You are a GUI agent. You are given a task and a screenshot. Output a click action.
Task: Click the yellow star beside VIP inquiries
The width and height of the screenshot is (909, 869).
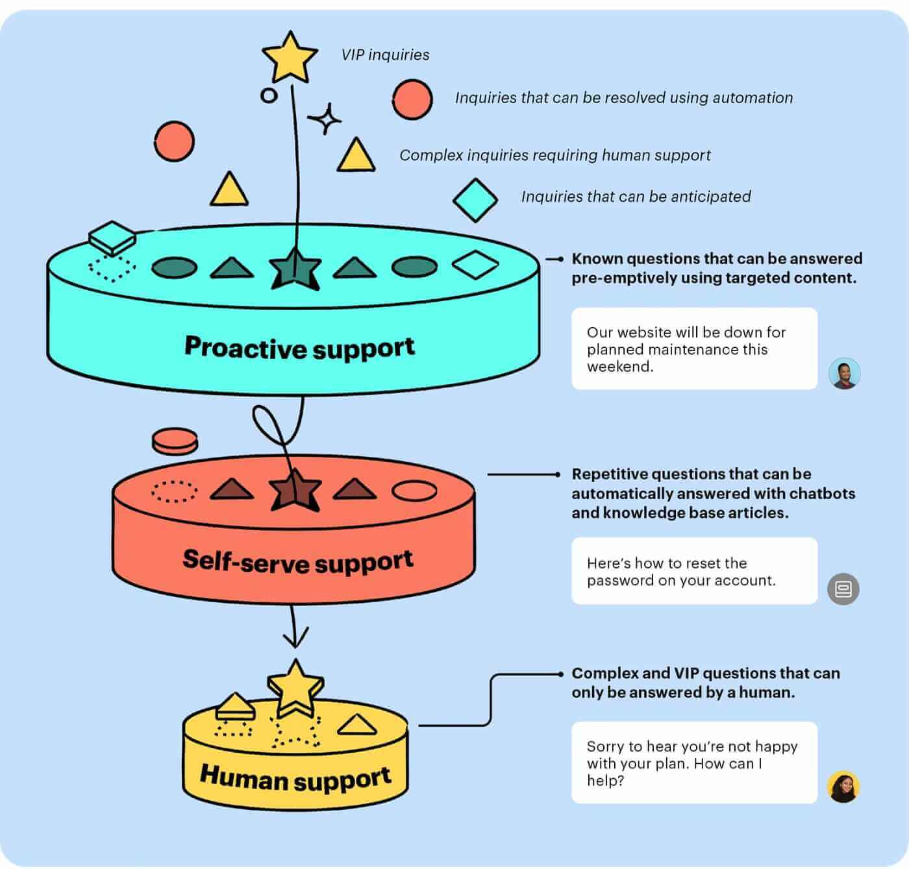coord(289,57)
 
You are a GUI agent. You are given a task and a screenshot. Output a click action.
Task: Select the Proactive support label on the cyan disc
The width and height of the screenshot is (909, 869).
coord(299,347)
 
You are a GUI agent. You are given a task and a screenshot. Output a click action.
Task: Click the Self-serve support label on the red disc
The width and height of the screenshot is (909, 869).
coord(297,561)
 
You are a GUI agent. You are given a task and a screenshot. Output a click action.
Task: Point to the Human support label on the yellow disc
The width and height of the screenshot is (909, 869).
coord(295,777)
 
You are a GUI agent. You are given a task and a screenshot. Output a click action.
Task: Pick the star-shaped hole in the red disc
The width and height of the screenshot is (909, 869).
coord(295,491)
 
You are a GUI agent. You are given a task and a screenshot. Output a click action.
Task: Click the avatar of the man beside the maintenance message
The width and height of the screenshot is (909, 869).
coord(844,373)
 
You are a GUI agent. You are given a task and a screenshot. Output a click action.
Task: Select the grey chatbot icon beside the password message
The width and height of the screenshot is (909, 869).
coord(843,589)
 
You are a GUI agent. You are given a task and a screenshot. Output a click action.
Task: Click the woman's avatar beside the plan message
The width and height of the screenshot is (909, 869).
coord(843,787)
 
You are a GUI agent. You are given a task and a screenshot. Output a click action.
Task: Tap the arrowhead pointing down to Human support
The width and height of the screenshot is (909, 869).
coord(295,639)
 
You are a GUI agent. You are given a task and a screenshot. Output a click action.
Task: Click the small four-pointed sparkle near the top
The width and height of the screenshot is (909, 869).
coord(324,119)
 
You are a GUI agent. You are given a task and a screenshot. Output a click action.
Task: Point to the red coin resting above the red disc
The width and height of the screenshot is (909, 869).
coord(175,441)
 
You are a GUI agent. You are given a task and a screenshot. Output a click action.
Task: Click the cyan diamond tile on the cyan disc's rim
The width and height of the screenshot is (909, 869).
coord(112,238)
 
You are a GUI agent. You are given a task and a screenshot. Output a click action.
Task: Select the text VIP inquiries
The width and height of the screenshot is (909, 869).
coord(385,55)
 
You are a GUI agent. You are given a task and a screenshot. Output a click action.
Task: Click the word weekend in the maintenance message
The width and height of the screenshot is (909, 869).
coord(619,367)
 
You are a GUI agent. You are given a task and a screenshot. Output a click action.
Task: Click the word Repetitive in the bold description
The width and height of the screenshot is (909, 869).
coord(609,474)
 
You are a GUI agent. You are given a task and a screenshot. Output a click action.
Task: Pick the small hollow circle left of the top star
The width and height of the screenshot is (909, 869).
coord(268,95)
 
